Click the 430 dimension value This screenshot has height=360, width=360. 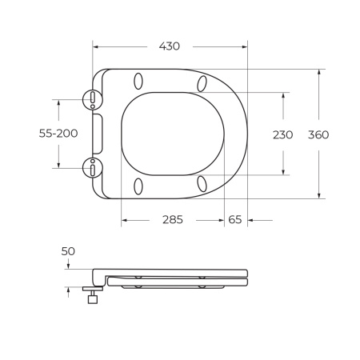tap(169, 46)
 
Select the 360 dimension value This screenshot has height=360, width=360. tap(318, 134)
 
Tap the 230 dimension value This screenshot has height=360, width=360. tap(283, 134)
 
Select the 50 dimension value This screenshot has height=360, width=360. tap(68, 251)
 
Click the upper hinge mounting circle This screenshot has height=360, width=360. tap(94, 99)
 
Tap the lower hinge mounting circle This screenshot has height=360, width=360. tap(94, 169)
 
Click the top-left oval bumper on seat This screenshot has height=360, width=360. tap(138, 81)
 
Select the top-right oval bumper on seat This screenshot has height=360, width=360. tap(202, 83)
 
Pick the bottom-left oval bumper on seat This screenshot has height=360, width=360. tap(138, 186)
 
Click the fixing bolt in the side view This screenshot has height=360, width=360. tap(92, 295)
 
